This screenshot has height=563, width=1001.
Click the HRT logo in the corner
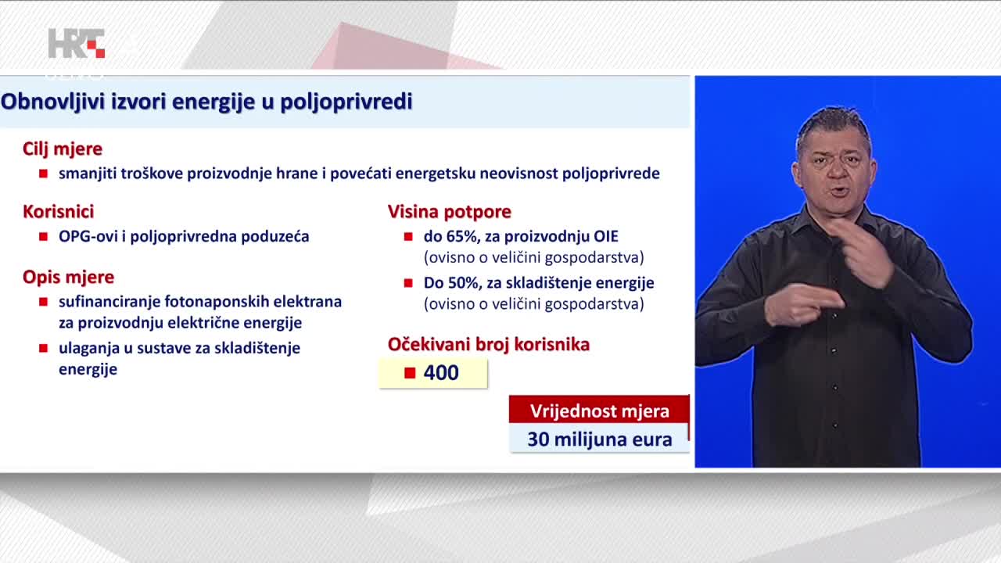coord(77,43)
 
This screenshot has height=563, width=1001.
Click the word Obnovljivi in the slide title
coord(53,102)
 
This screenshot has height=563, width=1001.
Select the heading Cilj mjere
coord(63,149)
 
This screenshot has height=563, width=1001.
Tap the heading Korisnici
coord(59,211)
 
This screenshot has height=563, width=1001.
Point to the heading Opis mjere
coord(68,277)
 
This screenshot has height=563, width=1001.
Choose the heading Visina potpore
coord(450,212)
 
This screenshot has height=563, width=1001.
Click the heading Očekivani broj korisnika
coord(489,344)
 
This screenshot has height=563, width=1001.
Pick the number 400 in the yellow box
coord(441,373)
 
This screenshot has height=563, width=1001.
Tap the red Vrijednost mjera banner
coord(599,409)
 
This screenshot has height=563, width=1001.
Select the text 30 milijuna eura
coord(600,439)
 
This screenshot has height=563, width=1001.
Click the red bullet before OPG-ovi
coord(43,236)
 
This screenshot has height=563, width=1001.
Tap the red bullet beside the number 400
coord(410,373)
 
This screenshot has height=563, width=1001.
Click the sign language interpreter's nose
coord(837,172)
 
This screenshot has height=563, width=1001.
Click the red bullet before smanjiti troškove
coord(43,174)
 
